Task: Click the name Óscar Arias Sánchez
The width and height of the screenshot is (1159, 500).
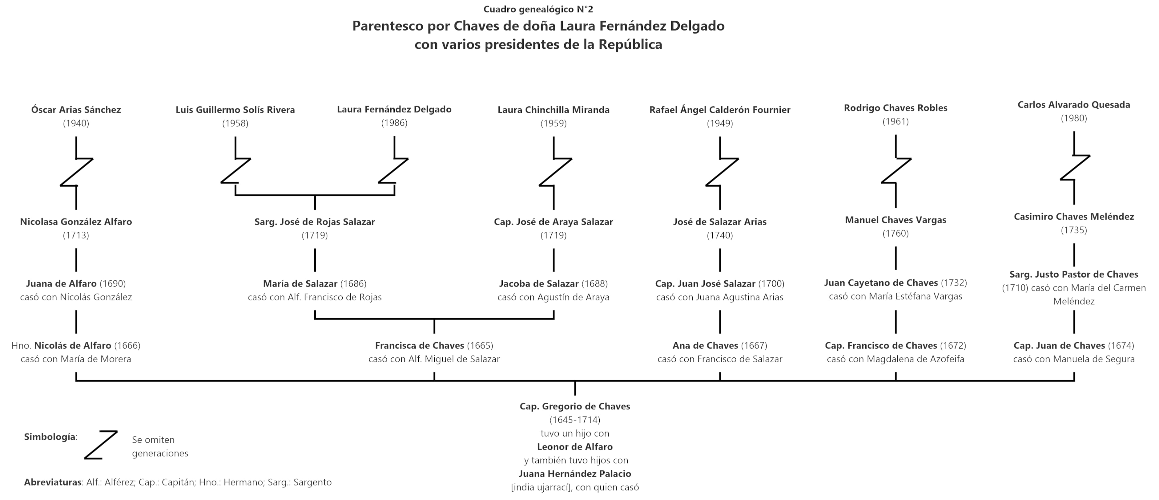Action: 76,109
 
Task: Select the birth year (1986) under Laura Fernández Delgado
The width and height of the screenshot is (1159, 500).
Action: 394,123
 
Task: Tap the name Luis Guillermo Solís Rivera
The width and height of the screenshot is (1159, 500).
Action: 235,109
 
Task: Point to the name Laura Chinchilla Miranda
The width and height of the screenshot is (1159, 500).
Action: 553,109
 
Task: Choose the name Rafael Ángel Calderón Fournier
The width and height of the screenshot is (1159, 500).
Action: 720,109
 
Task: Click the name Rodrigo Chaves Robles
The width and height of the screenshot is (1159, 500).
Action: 895,108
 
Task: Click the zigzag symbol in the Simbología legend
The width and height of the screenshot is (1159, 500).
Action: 101,445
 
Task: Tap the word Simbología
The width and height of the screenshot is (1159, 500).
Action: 50,437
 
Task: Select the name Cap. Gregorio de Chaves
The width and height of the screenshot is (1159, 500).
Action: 574,406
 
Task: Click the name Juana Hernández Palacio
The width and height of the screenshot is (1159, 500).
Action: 574,474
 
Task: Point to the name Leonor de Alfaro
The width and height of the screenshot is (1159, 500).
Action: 574,447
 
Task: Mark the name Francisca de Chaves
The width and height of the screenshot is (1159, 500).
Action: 419,345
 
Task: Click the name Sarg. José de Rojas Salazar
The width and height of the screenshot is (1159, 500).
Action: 315,222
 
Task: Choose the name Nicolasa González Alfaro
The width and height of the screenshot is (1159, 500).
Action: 76,222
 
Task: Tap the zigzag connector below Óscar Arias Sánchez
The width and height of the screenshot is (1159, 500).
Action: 76,172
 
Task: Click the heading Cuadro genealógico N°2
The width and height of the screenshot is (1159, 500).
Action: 538,9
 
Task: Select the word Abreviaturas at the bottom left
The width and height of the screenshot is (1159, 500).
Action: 53,482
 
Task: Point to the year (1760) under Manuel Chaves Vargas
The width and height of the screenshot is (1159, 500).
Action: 895,233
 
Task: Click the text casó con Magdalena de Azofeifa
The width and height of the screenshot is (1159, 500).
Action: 895,359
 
